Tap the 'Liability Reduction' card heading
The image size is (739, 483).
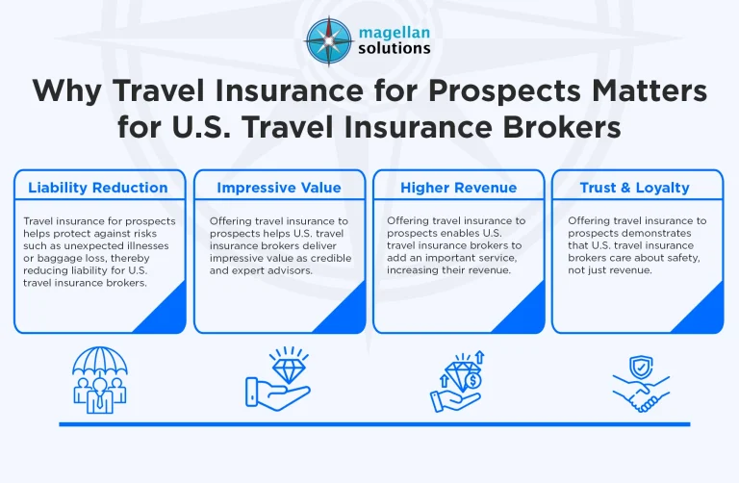point(97,188)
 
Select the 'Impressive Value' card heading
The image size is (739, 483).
point(278,188)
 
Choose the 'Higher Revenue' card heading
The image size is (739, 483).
point(458,188)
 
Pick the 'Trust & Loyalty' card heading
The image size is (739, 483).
point(636,188)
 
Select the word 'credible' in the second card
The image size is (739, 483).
point(311,258)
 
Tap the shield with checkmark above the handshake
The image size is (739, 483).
point(643,368)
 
